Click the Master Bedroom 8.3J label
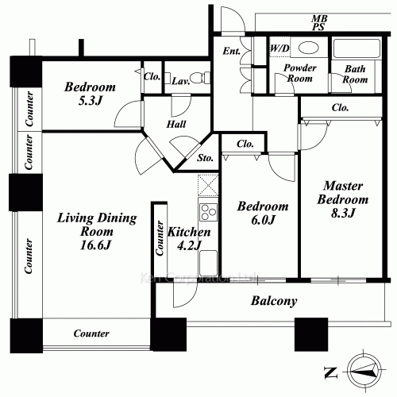343,199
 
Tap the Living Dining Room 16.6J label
97,231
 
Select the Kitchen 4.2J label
189,238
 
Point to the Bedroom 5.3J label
90,94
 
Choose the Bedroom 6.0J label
263,213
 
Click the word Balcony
274,301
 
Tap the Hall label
176,124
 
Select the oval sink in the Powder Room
308,48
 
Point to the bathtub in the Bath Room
357,48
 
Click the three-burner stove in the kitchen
208,212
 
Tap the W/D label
279,48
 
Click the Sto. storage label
205,158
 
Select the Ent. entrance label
232,51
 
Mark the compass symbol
364,371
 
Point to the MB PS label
319,22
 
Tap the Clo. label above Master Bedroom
340,107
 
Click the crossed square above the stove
208,185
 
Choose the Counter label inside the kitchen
160,238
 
